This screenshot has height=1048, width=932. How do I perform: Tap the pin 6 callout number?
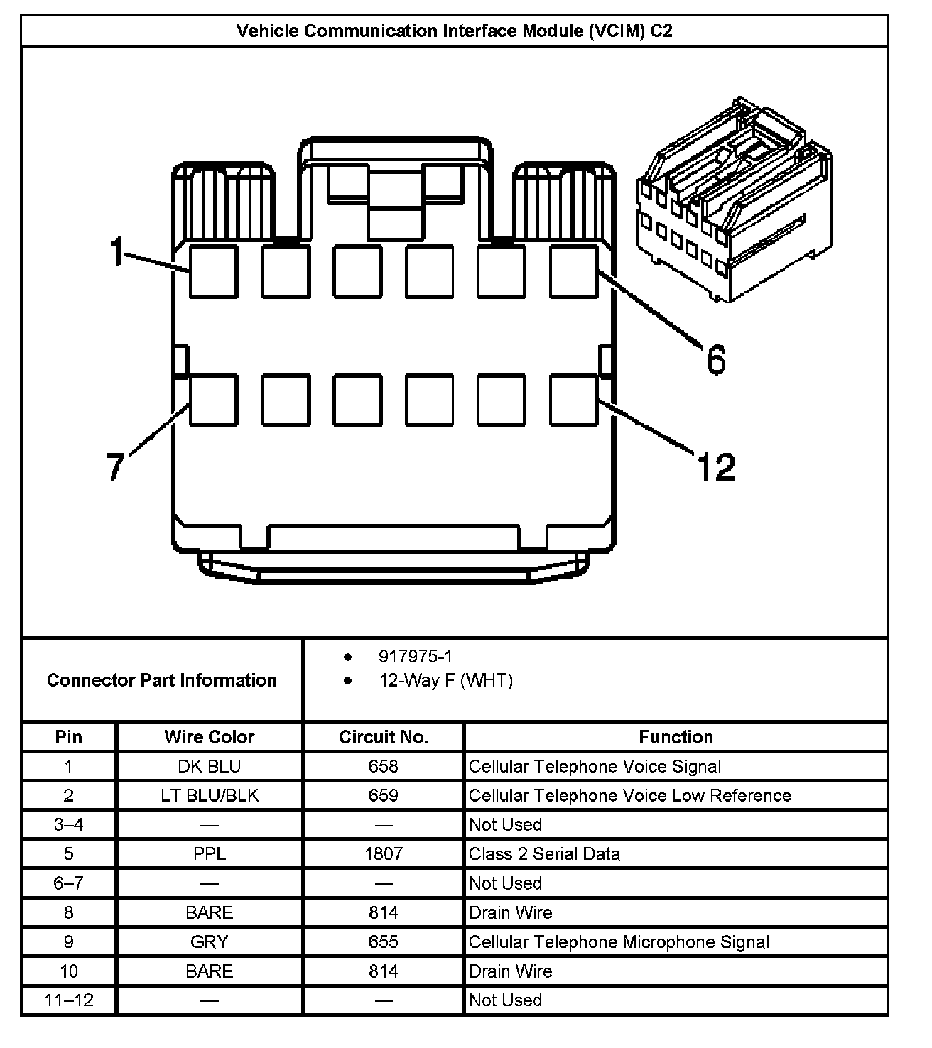[x=715, y=359]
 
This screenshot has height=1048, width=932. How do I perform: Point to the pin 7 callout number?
[x=115, y=466]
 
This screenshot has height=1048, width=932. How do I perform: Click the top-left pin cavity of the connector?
[x=213, y=271]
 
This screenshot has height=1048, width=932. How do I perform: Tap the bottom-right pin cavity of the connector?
[x=573, y=400]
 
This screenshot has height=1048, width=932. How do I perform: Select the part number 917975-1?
[x=415, y=657]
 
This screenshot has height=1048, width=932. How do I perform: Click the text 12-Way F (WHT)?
[x=445, y=681]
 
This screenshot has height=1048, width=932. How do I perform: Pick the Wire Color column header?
[x=209, y=737]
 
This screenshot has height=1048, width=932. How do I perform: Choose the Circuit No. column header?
[x=384, y=737]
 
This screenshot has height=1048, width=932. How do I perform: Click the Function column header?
[x=676, y=737]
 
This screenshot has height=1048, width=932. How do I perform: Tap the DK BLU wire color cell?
[x=209, y=767]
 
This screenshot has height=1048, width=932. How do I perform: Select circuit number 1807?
[x=384, y=853]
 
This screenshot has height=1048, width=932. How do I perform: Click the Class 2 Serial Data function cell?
[x=544, y=853]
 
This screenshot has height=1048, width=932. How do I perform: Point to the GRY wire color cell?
[x=209, y=941]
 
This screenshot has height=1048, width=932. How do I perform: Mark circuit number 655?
[x=384, y=941]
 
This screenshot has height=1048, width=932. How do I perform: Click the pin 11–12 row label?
[x=69, y=1000]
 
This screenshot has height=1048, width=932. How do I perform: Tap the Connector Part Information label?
[x=162, y=680]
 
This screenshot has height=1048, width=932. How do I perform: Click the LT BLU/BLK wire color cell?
[x=209, y=795]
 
